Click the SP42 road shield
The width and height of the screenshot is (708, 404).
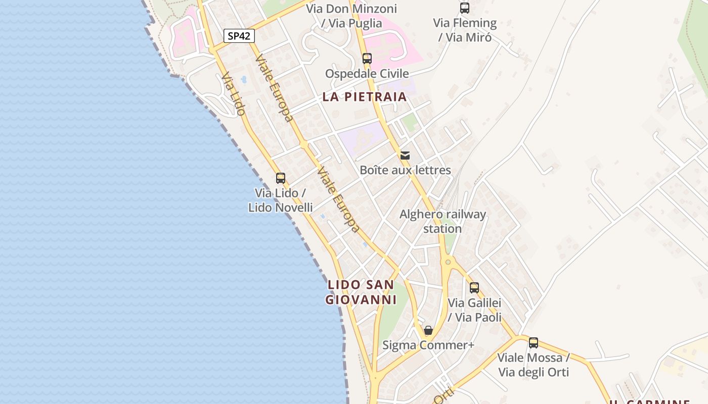tap(239, 36)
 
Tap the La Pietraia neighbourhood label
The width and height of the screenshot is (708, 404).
tap(364, 97)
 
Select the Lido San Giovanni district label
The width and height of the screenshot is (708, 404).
tap(360, 292)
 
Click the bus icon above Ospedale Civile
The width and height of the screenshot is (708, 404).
tap(367, 59)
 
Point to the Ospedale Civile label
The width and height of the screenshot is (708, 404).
tap(367, 74)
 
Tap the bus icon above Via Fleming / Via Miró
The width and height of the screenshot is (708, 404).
tap(465, 8)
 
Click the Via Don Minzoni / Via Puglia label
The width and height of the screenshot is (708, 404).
tap(359, 16)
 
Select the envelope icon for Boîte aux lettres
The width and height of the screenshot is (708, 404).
tap(405, 155)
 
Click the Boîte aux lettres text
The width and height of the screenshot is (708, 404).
tap(405, 170)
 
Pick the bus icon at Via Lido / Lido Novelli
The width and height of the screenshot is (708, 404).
tap(281, 178)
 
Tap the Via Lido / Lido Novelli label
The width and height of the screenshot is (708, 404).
tap(280, 200)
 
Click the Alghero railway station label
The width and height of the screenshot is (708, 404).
tap(442, 221)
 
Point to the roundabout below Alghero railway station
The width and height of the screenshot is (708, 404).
tap(448, 262)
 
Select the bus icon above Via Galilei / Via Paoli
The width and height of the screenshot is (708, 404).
tap(474, 288)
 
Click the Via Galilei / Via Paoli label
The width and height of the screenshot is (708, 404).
tap(474, 310)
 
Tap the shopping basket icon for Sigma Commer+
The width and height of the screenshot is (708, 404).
tap(428, 331)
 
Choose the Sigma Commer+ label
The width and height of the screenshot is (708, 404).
tap(428, 345)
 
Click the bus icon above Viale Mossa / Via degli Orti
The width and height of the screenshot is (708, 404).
tap(534, 343)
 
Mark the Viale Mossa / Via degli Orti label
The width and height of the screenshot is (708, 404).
tap(533, 365)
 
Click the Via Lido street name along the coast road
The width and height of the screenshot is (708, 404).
tap(233, 94)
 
